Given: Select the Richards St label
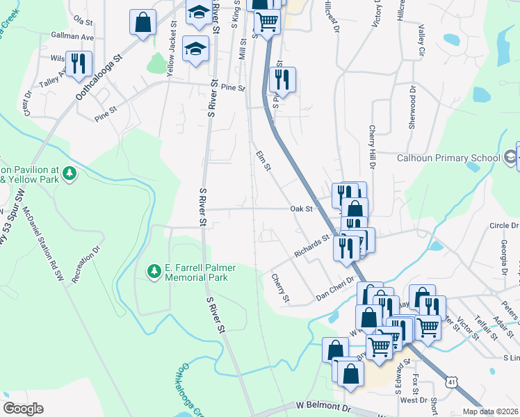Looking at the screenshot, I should [x=310, y=247].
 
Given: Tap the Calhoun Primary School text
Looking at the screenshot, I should [x=448, y=158].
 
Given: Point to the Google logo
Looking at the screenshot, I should [x=23, y=409].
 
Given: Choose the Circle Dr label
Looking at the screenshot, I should [x=504, y=226].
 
